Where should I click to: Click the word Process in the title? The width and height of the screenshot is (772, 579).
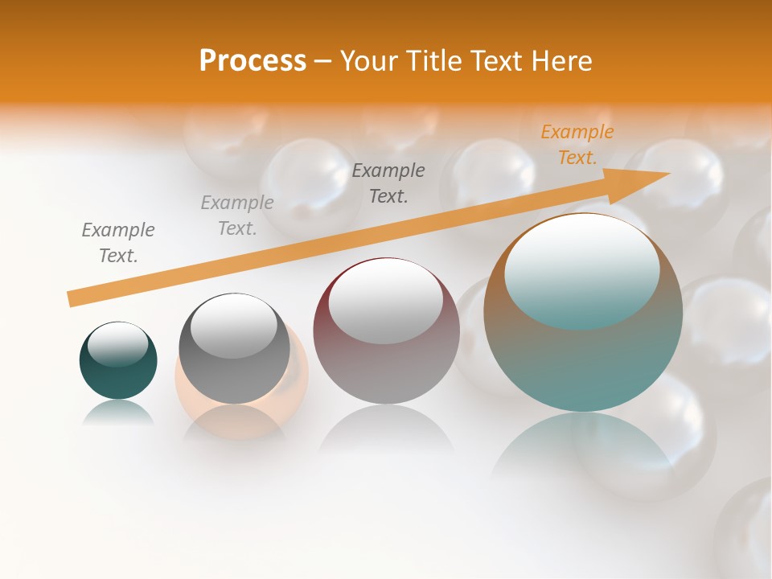pyautogui.click(x=253, y=61)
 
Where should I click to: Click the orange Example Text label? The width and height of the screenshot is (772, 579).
pyautogui.click(x=577, y=145)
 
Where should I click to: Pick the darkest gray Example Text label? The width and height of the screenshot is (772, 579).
pyautogui.click(x=388, y=183)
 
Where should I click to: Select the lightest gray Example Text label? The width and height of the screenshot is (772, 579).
pyautogui.click(x=237, y=216)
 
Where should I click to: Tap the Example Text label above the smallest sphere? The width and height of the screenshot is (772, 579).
pyautogui.click(x=118, y=243)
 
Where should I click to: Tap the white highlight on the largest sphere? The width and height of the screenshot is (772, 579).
pyautogui.click(x=581, y=269)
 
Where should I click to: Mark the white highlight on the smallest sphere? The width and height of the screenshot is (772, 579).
pyautogui.click(x=117, y=344)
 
